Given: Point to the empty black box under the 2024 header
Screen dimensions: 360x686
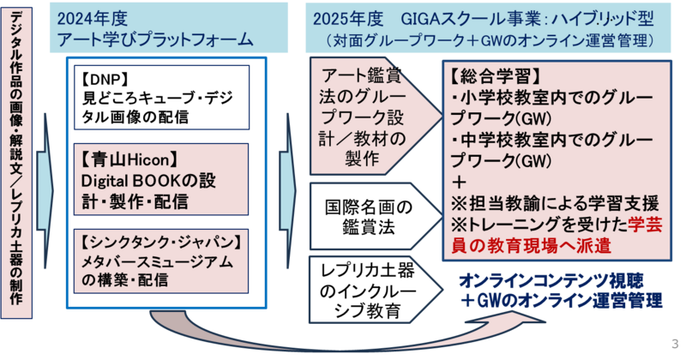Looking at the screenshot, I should (x=161, y=98).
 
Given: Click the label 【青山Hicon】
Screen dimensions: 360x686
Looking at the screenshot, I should (x=128, y=160).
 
